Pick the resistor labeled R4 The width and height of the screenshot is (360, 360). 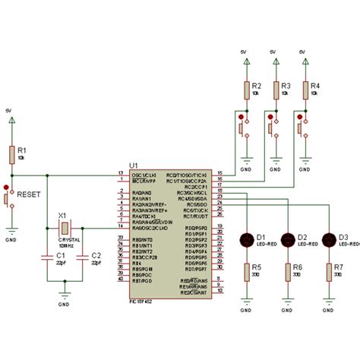coord(305,90)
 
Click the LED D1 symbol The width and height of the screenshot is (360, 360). coord(247,239)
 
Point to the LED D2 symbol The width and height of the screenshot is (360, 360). coord(288,239)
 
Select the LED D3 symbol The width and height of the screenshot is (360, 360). coord(329,239)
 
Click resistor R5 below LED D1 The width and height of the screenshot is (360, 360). coord(247,271)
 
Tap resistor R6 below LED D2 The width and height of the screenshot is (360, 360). coord(288,271)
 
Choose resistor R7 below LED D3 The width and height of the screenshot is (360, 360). coord(329,271)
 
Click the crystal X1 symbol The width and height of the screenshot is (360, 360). coord(66,228)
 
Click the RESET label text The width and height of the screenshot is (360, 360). coord(30,194)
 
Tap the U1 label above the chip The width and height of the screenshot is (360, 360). coord(134,164)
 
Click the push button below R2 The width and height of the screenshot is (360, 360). coord(243,127)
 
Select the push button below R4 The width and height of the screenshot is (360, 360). coord(302,127)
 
